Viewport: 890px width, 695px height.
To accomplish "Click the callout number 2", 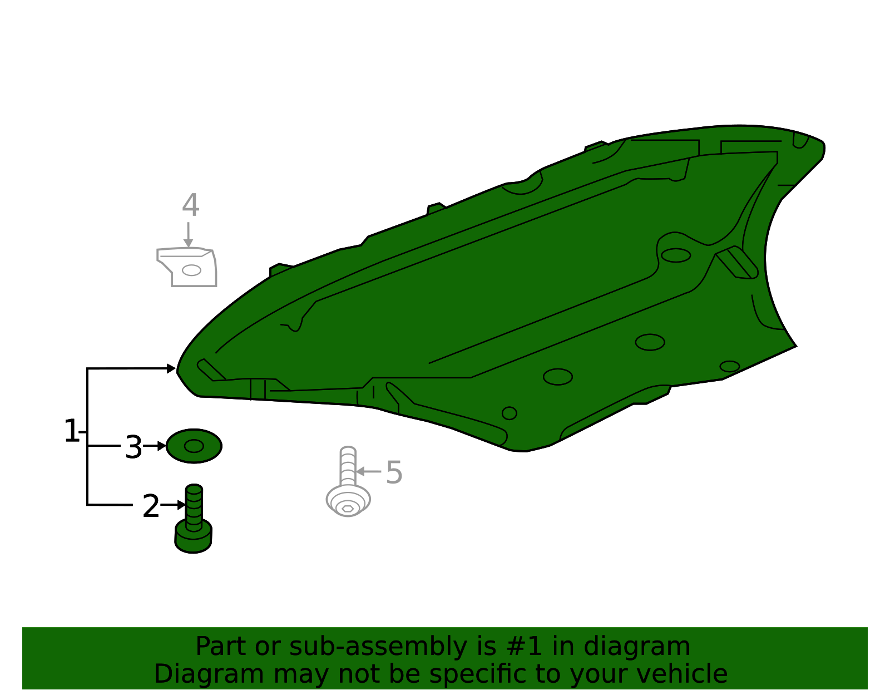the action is coord(151,506).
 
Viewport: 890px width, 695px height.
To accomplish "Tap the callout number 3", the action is coord(133,447).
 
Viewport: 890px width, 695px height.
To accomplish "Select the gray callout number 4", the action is coord(191,205).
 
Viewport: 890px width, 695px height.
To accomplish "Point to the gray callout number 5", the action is coord(394,472).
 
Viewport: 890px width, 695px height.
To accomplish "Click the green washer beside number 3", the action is coord(194,446).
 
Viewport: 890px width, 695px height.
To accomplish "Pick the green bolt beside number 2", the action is coord(194,519).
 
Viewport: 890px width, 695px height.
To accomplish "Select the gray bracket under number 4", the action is coord(187,267).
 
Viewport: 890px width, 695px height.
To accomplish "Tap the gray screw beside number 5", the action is coord(348,482).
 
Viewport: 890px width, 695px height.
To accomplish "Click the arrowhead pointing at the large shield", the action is coord(172,368).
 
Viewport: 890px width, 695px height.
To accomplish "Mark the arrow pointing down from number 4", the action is coord(188,235).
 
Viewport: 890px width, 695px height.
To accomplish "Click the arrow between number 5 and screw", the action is coord(369,472).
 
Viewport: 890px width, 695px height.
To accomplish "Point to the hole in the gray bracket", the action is coord(191,270).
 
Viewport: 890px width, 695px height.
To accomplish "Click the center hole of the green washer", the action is coord(194,446).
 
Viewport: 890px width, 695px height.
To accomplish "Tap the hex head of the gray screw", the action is coord(348,509).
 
